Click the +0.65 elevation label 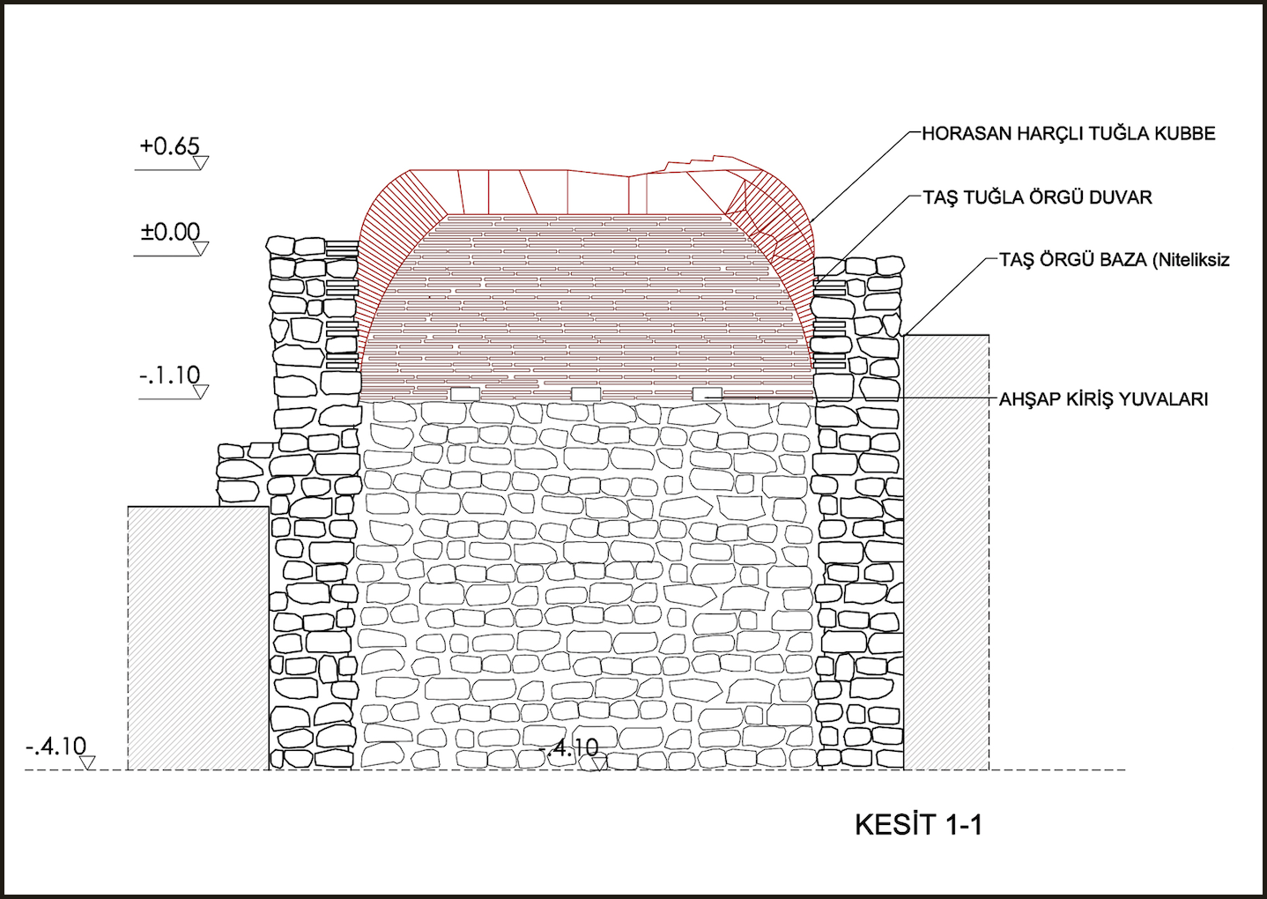tap(169, 145)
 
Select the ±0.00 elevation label tap(170, 232)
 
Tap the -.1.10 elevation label tap(169, 375)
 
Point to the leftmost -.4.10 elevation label tap(56, 747)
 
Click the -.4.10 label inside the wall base tap(569, 748)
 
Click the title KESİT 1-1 tap(918, 825)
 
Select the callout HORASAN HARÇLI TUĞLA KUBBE tap(1068, 134)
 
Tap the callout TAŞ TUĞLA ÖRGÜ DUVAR tap(1037, 197)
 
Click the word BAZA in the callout tap(1119, 260)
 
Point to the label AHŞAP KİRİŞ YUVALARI tap(1103, 399)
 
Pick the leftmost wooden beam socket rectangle tap(464, 394)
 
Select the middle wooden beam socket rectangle tap(586, 394)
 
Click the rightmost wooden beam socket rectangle tap(707, 394)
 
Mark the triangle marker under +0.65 tap(201, 163)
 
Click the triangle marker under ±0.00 tap(200, 249)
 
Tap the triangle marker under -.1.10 tap(200, 392)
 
